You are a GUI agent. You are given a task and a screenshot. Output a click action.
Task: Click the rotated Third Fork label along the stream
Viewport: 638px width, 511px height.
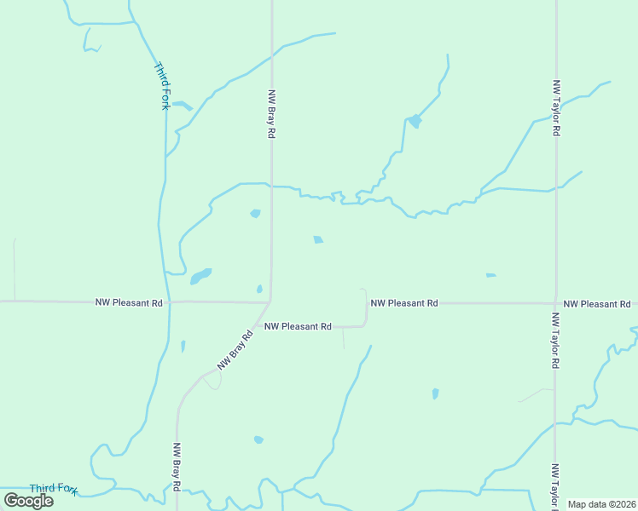(x=161, y=85)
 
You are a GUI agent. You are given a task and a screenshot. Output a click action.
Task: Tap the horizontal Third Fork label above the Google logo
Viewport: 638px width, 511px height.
(x=54, y=489)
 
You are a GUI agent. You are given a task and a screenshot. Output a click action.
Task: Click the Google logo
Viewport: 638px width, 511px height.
(x=29, y=501)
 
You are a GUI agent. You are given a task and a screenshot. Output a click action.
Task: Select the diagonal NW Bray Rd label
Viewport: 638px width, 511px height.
(x=236, y=350)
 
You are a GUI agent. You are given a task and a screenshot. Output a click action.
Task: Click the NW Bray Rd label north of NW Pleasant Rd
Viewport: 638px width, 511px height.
(x=271, y=114)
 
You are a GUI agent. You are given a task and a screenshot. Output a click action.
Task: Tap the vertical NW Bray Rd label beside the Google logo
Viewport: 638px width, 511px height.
(x=177, y=467)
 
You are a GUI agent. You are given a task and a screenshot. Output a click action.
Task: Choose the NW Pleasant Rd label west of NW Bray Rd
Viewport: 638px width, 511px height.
(x=129, y=302)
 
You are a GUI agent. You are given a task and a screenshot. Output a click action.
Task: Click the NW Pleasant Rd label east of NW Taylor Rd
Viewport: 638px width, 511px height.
(x=596, y=304)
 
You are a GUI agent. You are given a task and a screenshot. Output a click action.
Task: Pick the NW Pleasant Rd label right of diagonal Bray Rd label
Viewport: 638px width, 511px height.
(x=297, y=326)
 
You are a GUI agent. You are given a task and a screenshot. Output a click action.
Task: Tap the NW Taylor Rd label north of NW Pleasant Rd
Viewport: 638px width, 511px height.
(x=556, y=109)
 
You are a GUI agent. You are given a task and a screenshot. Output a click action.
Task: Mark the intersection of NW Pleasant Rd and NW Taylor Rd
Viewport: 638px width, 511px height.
(x=555, y=303)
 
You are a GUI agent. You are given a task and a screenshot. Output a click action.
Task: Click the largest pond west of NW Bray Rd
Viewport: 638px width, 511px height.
(x=200, y=277)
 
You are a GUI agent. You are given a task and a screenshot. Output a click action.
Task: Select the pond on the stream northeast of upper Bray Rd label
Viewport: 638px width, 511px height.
(x=415, y=121)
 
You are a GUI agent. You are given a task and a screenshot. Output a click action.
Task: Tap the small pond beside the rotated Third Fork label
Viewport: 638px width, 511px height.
(x=182, y=106)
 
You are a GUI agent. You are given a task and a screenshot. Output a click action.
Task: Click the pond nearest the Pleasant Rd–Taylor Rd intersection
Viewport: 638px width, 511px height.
(x=490, y=275)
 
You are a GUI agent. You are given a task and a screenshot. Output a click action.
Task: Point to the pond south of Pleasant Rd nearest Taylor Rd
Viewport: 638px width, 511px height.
(x=435, y=393)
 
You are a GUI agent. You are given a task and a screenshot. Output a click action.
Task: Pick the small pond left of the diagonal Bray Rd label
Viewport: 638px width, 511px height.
(x=183, y=346)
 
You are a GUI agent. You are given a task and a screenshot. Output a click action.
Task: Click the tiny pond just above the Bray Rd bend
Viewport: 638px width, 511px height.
(x=259, y=289)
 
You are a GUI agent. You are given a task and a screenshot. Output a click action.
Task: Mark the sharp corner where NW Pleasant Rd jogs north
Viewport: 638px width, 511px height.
(x=366, y=324)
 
